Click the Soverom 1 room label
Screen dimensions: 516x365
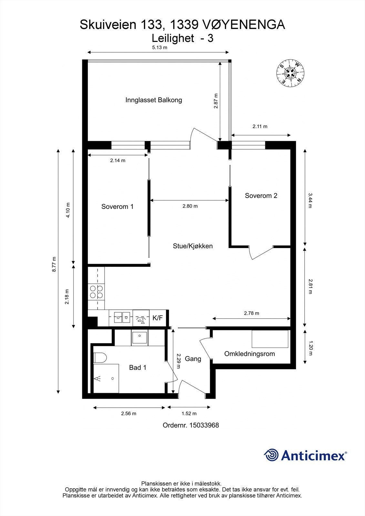(117, 206)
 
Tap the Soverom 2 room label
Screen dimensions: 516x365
(261, 195)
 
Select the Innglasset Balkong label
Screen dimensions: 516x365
(154, 100)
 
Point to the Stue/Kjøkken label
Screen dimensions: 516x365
(193, 246)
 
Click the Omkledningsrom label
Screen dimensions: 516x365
(249, 354)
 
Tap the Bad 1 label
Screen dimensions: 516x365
(137, 367)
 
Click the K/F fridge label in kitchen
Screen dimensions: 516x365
(157, 318)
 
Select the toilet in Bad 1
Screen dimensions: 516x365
(100, 357)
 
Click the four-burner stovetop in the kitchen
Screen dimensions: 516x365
(96, 292)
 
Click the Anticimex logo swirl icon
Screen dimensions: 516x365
(271, 455)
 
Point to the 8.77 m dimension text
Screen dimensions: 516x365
(55, 264)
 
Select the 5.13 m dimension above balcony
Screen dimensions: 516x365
(160, 47)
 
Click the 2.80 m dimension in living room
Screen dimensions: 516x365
(190, 206)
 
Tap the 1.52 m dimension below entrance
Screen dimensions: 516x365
(189, 413)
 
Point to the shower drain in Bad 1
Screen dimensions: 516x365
(113, 378)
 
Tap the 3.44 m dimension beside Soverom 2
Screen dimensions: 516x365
(310, 200)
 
